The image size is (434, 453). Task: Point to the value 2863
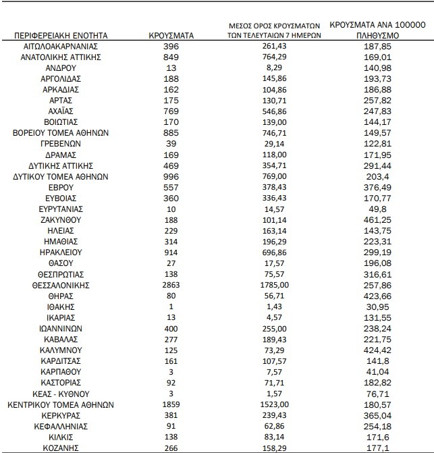[172, 286]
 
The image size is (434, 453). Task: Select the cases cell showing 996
[172, 177]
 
